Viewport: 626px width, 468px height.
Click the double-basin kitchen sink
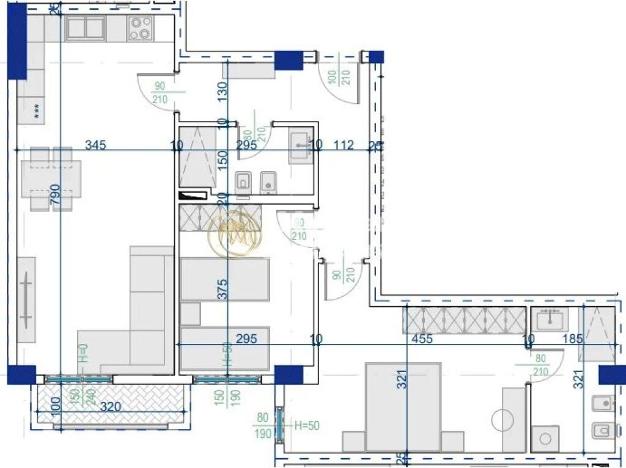click(85, 28)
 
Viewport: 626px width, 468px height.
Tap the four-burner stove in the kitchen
click(140, 28)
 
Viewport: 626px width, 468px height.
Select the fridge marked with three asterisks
click(36, 110)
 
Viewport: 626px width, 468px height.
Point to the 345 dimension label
click(95, 145)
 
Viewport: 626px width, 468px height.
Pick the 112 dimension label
click(344, 145)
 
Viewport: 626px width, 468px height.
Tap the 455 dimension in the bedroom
click(422, 338)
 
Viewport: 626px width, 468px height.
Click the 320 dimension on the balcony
click(111, 406)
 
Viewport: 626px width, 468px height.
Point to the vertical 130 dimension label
click(222, 91)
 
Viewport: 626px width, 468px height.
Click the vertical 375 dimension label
click(223, 288)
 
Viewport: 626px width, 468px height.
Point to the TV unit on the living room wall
click(26, 299)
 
